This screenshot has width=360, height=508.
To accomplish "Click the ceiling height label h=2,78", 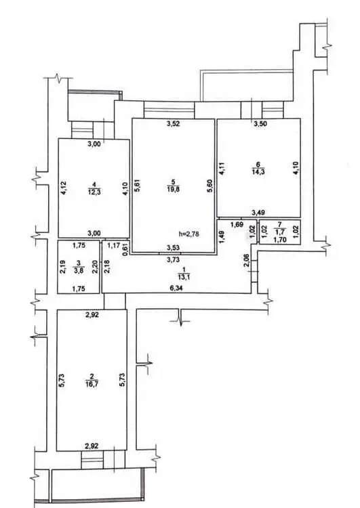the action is click(x=188, y=233).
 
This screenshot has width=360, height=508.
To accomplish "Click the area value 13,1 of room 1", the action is click(x=184, y=276).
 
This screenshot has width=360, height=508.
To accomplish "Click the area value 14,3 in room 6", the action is click(x=258, y=172).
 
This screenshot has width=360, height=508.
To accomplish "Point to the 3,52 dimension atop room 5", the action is click(x=173, y=123).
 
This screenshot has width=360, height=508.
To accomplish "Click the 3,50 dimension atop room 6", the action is click(x=260, y=123).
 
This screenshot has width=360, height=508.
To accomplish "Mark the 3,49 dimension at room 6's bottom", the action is click(x=259, y=213).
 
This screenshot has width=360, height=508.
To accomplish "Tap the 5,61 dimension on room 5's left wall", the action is click(x=137, y=186).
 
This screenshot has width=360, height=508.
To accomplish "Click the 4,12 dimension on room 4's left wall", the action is click(x=64, y=188).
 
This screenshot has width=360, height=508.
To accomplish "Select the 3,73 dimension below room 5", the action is click(x=172, y=259).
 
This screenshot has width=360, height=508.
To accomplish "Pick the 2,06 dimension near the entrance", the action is click(x=247, y=261).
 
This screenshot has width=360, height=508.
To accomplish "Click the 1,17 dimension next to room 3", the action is click(x=113, y=246).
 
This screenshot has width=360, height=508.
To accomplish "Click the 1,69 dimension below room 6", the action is click(x=237, y=224).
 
